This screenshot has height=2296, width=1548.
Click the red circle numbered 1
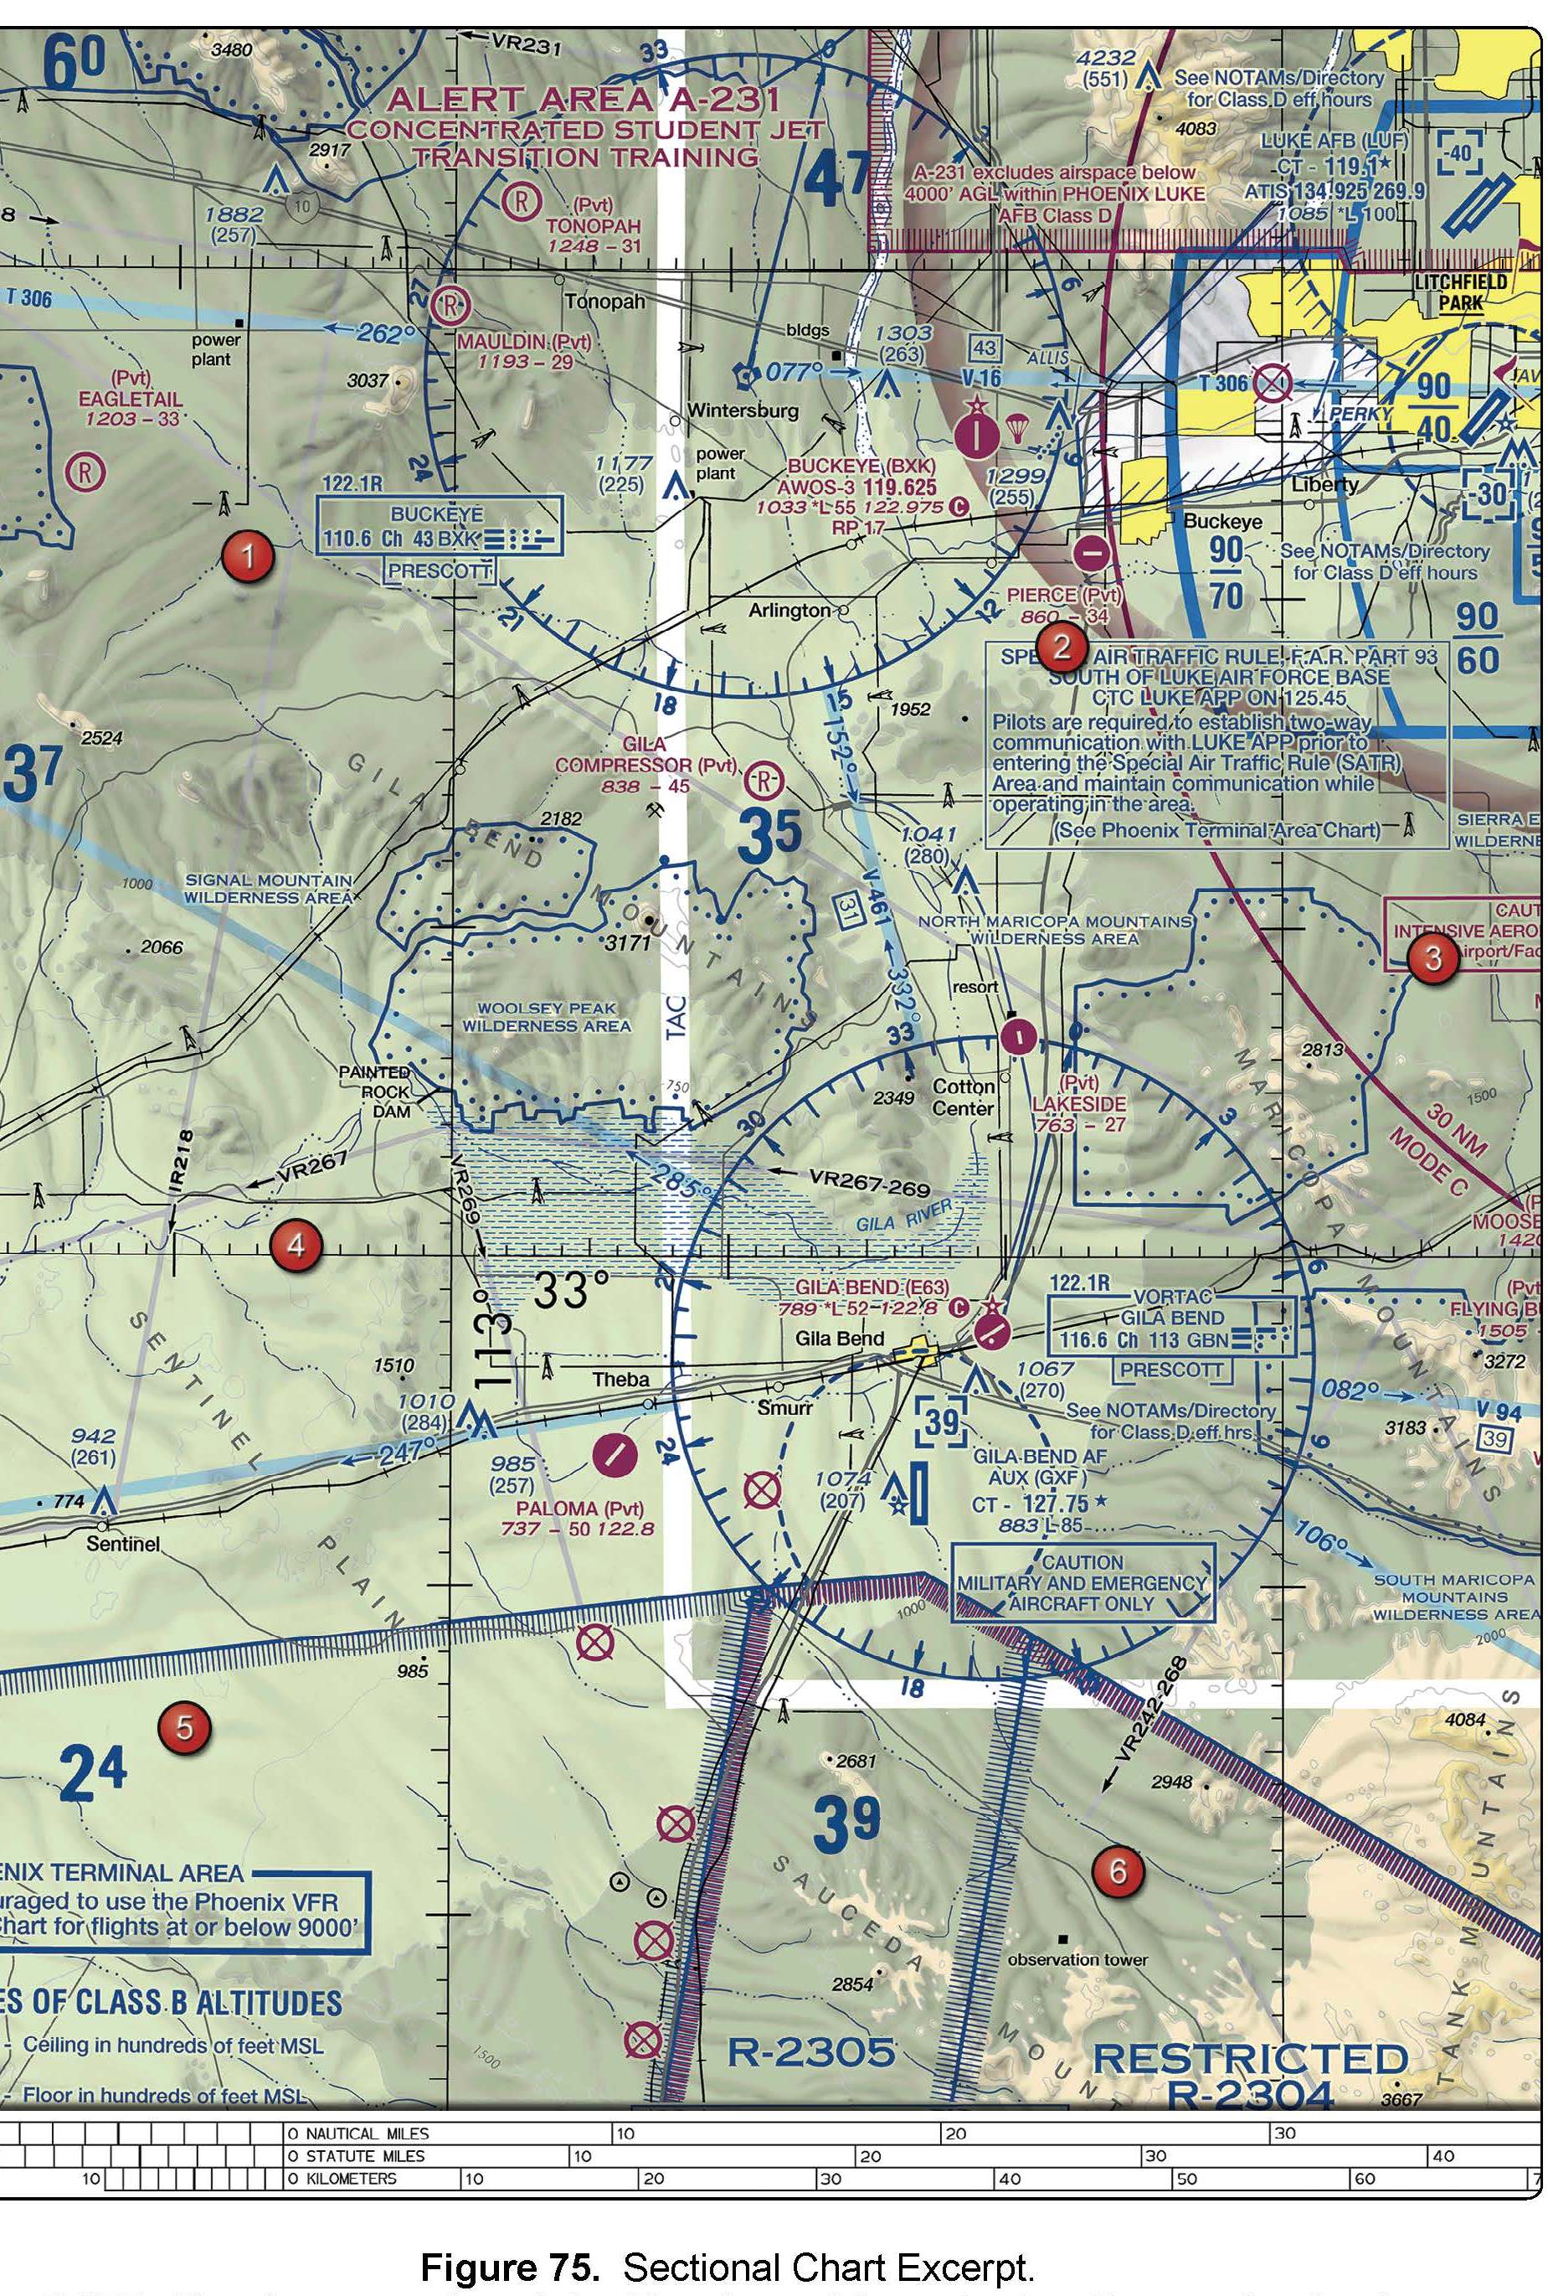[247, 557]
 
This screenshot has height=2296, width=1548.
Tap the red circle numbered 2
[1062, 647]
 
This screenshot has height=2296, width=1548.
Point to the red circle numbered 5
[183, 1727]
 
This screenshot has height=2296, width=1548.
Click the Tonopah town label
[605, 300]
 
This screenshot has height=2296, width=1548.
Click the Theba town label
[620, 1379]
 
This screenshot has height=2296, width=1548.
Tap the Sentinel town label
[122, 1542]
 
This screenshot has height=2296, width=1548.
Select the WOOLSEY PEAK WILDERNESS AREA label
[546, 1017]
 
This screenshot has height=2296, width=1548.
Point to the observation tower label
[1077, 1958]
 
